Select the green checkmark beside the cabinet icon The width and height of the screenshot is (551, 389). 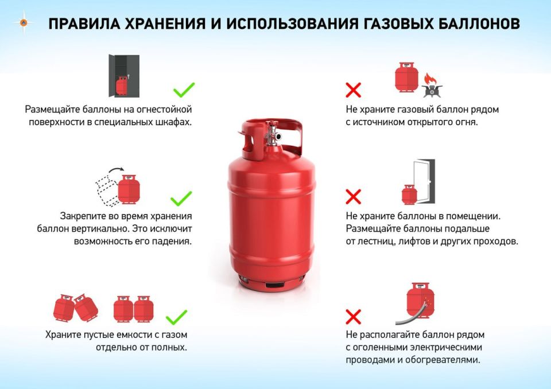point(184,90)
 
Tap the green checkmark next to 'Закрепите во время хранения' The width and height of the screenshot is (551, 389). point(181,199)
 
